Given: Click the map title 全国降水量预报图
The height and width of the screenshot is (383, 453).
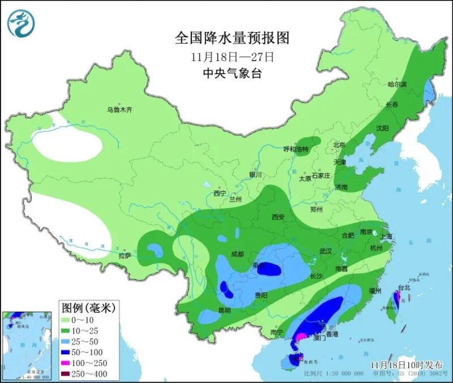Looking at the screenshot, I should (232, 38).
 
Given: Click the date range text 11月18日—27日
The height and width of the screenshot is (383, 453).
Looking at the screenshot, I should (232, 57).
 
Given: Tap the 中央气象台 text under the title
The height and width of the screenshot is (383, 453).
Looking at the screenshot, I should (232, 74).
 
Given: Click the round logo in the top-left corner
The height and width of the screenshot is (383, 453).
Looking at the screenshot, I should (22, 23).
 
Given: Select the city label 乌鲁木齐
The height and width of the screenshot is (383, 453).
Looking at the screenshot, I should (119, 110).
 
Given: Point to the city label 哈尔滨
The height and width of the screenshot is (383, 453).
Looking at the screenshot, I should (397, 84).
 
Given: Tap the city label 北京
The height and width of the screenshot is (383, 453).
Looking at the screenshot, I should (339, 145).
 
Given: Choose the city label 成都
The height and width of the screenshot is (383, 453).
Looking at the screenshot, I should (237, 254).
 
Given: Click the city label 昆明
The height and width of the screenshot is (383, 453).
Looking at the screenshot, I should (224, 310).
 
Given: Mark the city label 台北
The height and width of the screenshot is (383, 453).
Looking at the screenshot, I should (404, 287).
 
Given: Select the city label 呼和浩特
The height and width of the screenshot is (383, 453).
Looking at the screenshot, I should (296, 149).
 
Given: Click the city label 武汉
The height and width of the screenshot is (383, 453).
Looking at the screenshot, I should (326, 251).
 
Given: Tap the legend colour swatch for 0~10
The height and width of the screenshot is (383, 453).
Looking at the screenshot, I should (71, 321).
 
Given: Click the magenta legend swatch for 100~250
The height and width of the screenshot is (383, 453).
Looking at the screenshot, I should (71, 363).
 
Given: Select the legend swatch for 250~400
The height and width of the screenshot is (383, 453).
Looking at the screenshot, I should (71, 373).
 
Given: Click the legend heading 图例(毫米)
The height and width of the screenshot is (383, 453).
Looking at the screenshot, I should (88, 308).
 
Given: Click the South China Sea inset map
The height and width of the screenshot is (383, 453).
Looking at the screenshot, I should (28, 345).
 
